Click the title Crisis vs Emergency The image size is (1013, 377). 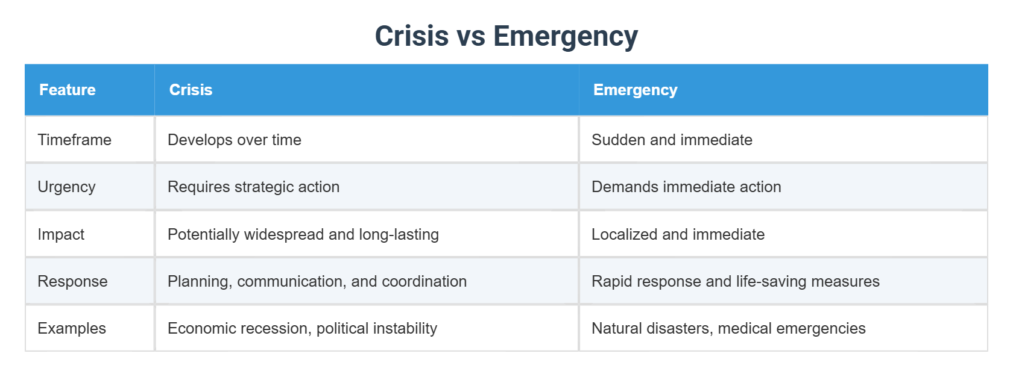click(506, 36)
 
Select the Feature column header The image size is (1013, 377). click(68, 90)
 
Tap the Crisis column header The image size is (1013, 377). click(191, 90)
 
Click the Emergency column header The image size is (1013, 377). click(635, 90)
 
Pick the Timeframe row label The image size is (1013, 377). click(74, 140)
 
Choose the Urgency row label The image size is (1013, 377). click(66, 187)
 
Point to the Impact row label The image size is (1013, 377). click(61, 234)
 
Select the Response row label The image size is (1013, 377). click(72, 281)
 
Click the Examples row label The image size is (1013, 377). click(72, 328)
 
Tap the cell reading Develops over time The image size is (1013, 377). click(235, 140)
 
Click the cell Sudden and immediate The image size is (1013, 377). click(672, 140)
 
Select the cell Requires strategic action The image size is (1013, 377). click(253, 187)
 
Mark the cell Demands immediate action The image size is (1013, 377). click(686, 187)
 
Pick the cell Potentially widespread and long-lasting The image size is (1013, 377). click(303, 234)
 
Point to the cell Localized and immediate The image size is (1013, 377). click(678, 234)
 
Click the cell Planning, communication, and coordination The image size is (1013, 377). click(317, 281)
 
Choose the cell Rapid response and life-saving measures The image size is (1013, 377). click(735, 281)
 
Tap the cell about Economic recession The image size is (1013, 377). click(302, 328)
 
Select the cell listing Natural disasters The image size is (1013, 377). click(728, 328)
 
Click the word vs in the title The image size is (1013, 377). click(471, 36)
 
